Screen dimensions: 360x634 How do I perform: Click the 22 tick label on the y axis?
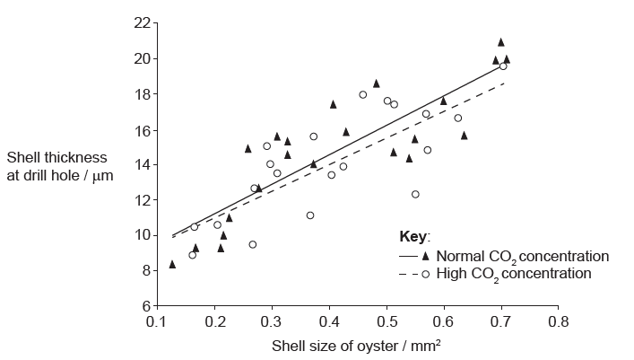(142, 22)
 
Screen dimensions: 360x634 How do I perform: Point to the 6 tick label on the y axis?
(145, 305)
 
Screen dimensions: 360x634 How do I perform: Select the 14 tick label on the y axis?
(142, 164)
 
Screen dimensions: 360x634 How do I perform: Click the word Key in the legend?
(414, 237)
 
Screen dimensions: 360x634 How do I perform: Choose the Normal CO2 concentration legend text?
(521, 256)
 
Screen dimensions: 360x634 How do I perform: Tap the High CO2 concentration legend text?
(514, 274)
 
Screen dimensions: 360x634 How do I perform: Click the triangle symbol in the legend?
(425, 256)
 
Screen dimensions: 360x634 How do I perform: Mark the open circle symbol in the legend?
(425, 274)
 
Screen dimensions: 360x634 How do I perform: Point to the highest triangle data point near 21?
(501, 41)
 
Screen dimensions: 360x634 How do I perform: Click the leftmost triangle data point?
(172, 264)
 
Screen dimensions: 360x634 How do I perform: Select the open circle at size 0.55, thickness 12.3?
(415, 194)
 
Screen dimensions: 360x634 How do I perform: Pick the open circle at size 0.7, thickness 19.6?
(503, 66)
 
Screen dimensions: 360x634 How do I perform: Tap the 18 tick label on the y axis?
(142, 93)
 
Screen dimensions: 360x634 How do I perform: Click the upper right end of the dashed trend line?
(505, 83)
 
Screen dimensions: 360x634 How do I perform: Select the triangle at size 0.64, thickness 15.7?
(465, 135)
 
